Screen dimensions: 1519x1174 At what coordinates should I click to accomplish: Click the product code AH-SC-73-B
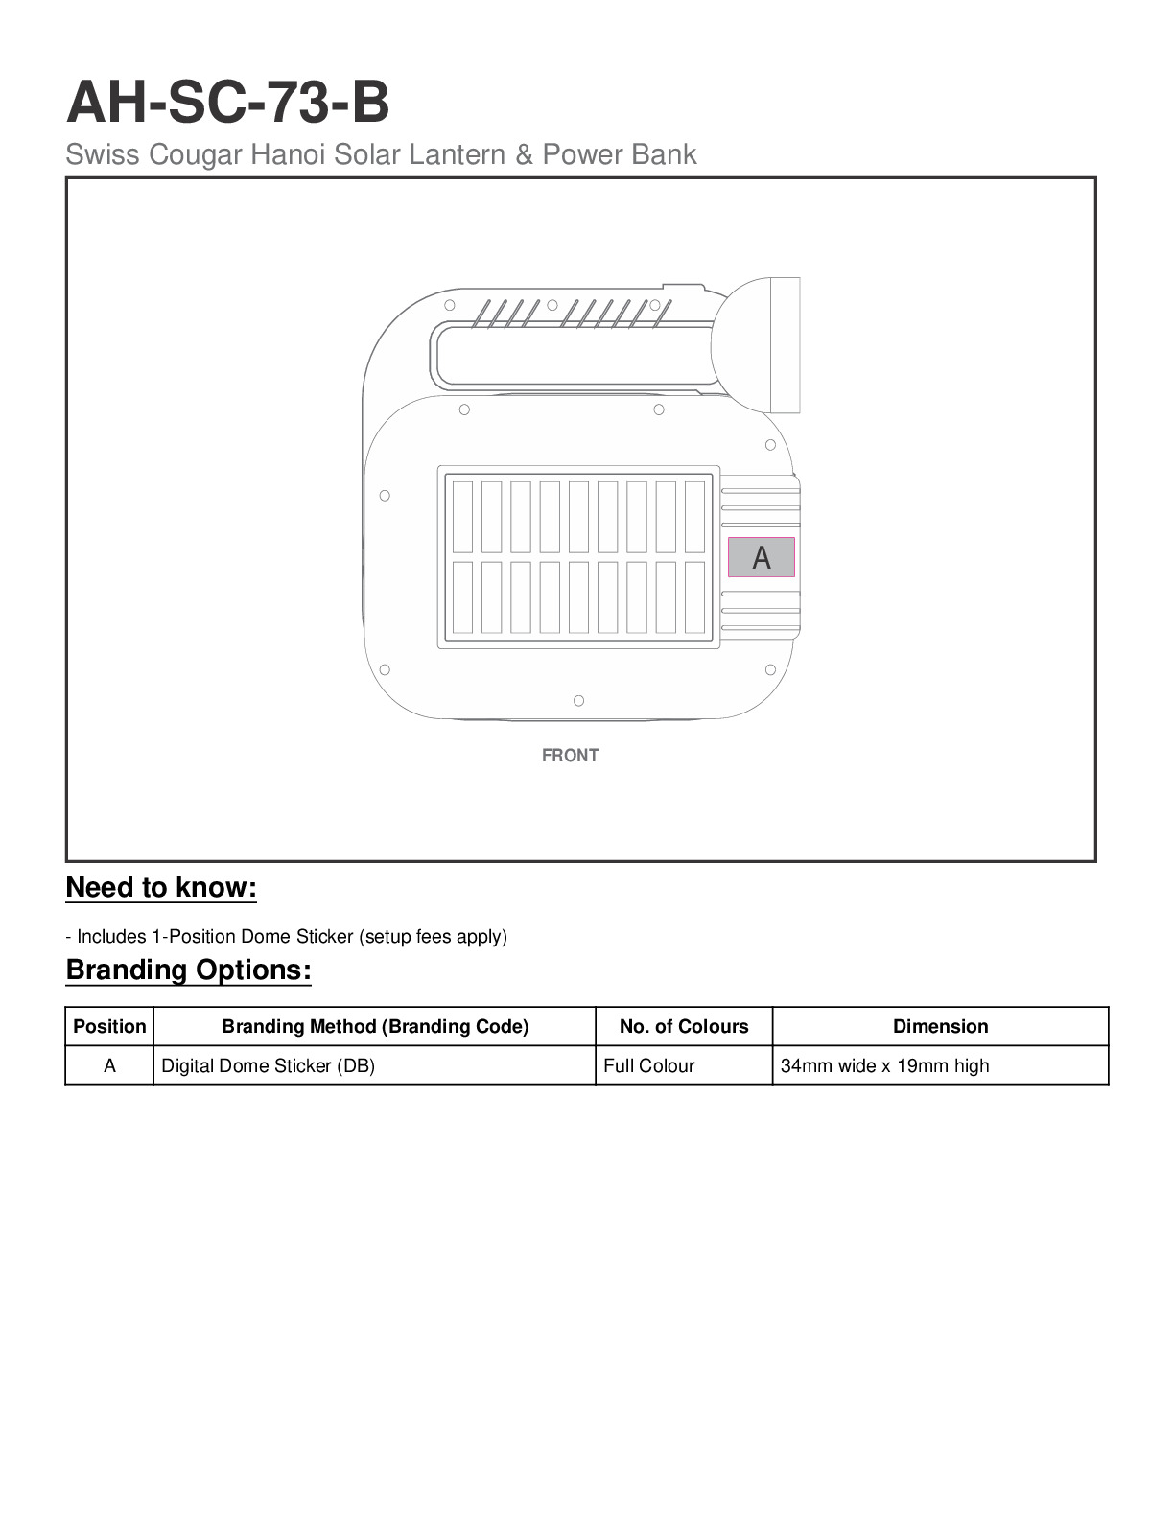coord(227,103)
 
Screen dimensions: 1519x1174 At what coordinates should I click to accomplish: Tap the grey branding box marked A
coord(761,557)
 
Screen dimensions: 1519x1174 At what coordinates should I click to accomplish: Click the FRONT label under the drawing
coord(570,756)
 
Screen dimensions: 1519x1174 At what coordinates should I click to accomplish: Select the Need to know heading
coord(161,888)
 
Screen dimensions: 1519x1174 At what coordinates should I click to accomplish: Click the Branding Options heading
coord(188,970)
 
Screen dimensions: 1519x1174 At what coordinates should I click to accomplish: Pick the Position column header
coord(109,1027)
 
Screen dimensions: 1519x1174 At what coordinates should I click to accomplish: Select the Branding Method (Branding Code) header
coord(375,1027)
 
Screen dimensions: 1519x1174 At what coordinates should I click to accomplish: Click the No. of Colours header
coord(684,1027)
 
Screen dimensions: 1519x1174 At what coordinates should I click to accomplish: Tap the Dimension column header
coord(940,1027)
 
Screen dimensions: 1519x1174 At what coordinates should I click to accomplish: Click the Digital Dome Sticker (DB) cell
coord(269,1066)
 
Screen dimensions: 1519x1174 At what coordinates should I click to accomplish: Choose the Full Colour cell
coord(649,1066)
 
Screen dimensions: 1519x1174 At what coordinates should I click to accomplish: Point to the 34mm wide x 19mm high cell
coord(884,1066)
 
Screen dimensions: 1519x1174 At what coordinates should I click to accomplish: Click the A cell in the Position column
coord(109,1066)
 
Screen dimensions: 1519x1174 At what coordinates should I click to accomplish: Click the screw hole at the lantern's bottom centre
coord(578,701)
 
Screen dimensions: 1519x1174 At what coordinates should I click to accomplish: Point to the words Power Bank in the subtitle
coord(620,154)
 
